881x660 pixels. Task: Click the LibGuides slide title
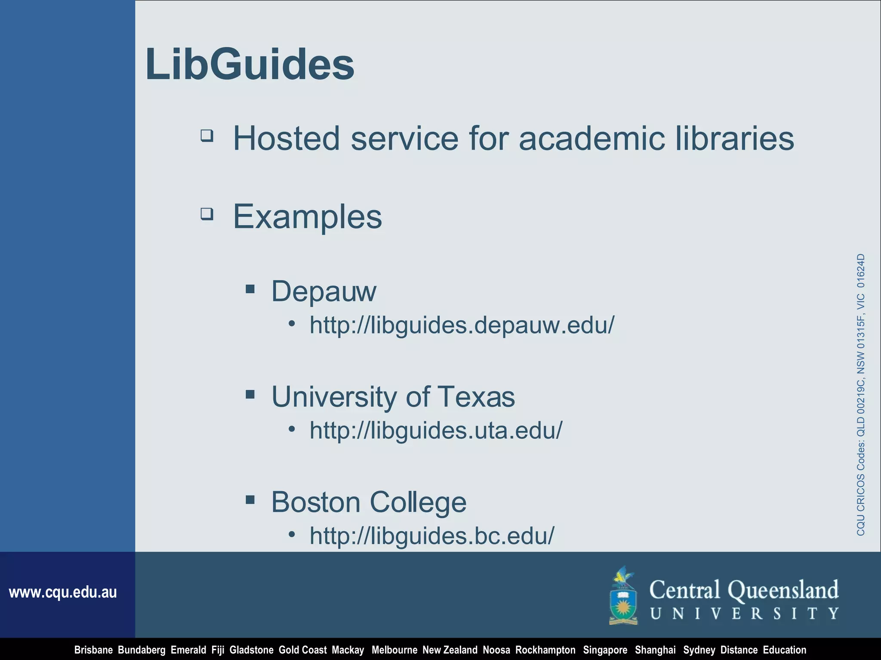pyautogui.click(x=250, y=64)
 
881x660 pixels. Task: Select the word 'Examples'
pyautogui.click(x=307, y=217)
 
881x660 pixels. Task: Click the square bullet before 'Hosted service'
pyautogui.click(x=207, y=136)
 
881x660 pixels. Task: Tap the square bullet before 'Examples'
pyautogui.click(x=207, y=214)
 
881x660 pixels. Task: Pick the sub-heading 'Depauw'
pyautogui.click(x=323, y=291)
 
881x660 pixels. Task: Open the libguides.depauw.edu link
pyautogui.click(x=462, y=325)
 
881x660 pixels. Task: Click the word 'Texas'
pyautogui.click(x=476, y=396)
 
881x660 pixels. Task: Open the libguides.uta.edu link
pyautogui.click(x=436, y=430)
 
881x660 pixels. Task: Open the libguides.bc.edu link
pyautogui.click(x=432, y=535)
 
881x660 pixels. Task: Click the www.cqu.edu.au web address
pyautogui.click(x=63, y=593)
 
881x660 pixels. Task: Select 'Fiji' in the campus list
pyautogui.click(x=218, y=650)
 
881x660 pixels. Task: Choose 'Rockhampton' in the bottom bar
pyautogui.click(x=545, y=650)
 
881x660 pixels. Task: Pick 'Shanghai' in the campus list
pyautogui.click(x=655, y=650)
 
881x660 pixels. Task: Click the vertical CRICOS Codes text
pyautogui.click(x=860, y=394)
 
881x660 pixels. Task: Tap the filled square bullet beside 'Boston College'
pyautogui.click(x=250, y=499)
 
